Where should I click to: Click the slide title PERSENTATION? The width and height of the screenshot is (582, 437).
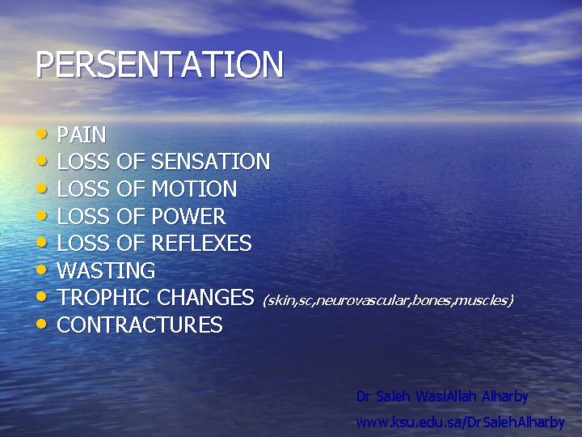click(x=159, y=65)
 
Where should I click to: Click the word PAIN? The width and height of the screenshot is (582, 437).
click(x=82, y=134)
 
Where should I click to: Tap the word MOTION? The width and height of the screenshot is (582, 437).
click(x=194, y=189)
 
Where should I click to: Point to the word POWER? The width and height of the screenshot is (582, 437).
click(x=188, y=217)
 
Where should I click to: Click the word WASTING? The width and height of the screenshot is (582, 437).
click(x=106, y=270)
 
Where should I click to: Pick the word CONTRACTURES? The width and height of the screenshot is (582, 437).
click(x=140, y=325)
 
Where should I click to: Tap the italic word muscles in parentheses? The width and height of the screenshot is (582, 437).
click(x=482, y=301)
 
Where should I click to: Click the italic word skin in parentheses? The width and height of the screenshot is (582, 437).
click(x=280, y=301)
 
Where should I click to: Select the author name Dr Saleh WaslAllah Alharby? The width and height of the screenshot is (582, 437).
click(x=442, y=397)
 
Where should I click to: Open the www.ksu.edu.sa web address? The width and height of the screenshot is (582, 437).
click(x=460, y=422)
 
